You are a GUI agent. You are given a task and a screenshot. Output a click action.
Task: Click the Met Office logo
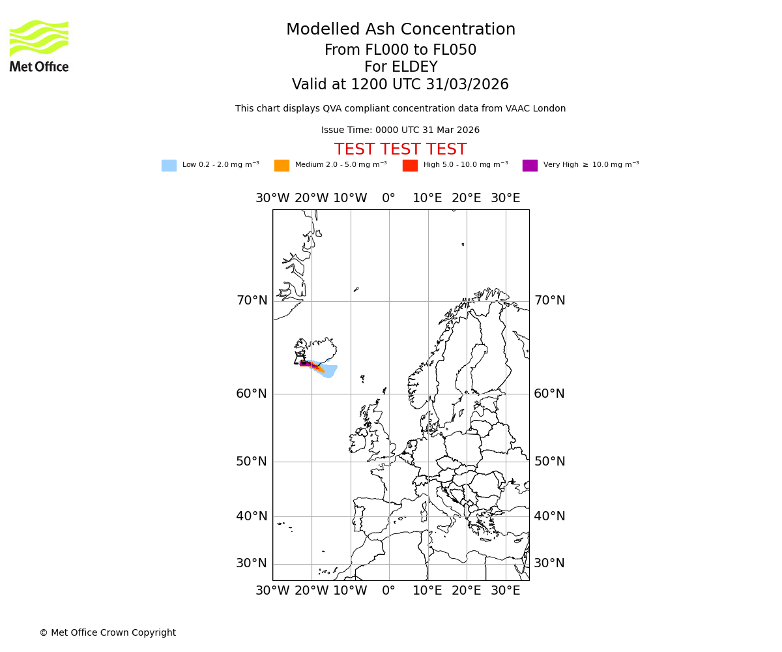point(39,46)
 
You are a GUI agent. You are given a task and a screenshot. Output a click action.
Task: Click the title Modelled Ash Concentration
point(401,30)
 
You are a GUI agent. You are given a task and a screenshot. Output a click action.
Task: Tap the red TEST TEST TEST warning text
point(400,150)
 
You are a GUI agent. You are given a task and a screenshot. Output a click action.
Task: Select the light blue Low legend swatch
point(169,166)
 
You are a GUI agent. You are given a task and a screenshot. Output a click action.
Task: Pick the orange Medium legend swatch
point(282,166)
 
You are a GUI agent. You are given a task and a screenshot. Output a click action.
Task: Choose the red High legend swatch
point(410,166)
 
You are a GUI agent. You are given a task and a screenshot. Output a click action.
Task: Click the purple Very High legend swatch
point(530,166)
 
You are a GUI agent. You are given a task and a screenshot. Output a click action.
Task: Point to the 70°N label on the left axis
point(252,301)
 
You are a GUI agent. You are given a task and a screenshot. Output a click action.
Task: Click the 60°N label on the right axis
point(549,394)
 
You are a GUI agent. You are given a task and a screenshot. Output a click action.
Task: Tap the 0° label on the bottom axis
point(388,591)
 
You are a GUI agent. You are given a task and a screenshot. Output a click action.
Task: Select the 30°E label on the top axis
point(505,198)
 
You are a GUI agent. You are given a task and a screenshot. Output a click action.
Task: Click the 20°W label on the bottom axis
point(311,591)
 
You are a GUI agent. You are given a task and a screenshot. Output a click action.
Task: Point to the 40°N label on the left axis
point(252,516)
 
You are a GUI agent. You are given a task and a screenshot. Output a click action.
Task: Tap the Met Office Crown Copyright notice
point(108,633)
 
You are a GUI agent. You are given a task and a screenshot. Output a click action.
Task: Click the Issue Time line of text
point(400,130)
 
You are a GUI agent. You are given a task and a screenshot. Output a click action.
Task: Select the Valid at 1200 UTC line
point(400,85)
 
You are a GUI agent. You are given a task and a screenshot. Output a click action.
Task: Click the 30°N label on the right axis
point(549,563)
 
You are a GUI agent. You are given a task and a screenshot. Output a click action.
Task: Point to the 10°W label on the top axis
point(350,198)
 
